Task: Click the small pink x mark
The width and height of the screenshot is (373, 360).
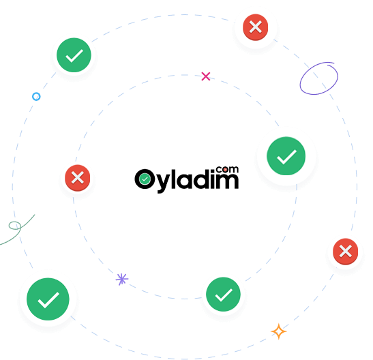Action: point(206,76)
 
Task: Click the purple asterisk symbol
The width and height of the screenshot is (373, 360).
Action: point(122,279)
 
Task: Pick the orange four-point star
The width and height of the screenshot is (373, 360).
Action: point(279,331)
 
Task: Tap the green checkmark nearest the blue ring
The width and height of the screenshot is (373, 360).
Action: point(74,55)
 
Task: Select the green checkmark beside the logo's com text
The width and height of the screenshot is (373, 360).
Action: point(286,156)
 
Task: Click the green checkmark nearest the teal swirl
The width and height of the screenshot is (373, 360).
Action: point(48,299)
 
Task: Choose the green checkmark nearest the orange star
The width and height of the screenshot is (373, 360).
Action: point(223,294)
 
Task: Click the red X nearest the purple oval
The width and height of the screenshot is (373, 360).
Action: point(256,27)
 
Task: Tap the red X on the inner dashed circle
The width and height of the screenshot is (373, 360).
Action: point(78,178)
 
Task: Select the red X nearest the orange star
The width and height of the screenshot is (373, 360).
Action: point(346,252)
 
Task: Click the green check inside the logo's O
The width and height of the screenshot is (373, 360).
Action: point(145,179)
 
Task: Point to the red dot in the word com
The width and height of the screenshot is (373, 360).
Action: point(225,170)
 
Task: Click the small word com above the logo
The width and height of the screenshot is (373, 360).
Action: point(227,169)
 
